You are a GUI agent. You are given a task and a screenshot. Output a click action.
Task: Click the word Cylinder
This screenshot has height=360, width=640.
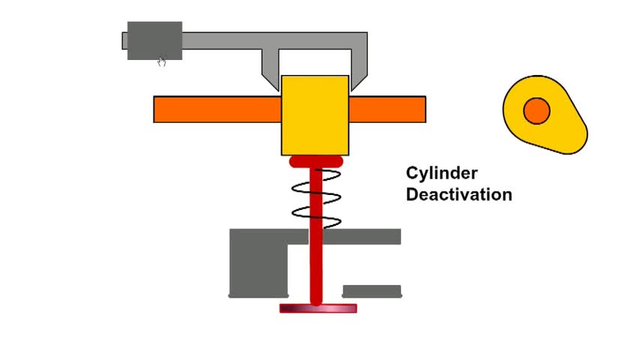(441, 174)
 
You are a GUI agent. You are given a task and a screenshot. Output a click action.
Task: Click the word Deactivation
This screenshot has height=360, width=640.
(459, 194)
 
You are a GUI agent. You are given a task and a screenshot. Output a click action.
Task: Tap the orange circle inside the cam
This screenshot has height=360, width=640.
(537, 111)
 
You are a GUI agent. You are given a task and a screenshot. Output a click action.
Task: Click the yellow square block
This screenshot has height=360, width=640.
(315, 115)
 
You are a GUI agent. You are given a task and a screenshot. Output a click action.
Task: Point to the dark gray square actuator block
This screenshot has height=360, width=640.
(154, 40)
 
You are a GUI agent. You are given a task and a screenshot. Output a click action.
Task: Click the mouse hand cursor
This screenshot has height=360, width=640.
(162, 61)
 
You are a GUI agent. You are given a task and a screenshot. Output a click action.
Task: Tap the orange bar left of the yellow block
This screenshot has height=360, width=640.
(217, 109)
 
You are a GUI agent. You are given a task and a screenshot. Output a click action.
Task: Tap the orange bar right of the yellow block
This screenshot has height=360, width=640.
(387, 109)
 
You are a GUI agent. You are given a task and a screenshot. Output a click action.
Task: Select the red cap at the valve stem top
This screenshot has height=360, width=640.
(316, 161)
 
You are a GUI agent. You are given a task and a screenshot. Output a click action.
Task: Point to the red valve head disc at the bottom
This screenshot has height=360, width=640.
(318, 308)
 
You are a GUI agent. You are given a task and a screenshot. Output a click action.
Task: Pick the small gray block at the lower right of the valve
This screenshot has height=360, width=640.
(372, 291)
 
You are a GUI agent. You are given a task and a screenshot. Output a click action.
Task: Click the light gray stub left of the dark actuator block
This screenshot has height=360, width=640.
(124, 40)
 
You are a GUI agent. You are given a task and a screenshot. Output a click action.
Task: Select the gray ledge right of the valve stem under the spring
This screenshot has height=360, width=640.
(362, 236)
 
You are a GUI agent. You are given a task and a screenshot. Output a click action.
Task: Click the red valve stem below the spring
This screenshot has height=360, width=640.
(316, 265)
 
